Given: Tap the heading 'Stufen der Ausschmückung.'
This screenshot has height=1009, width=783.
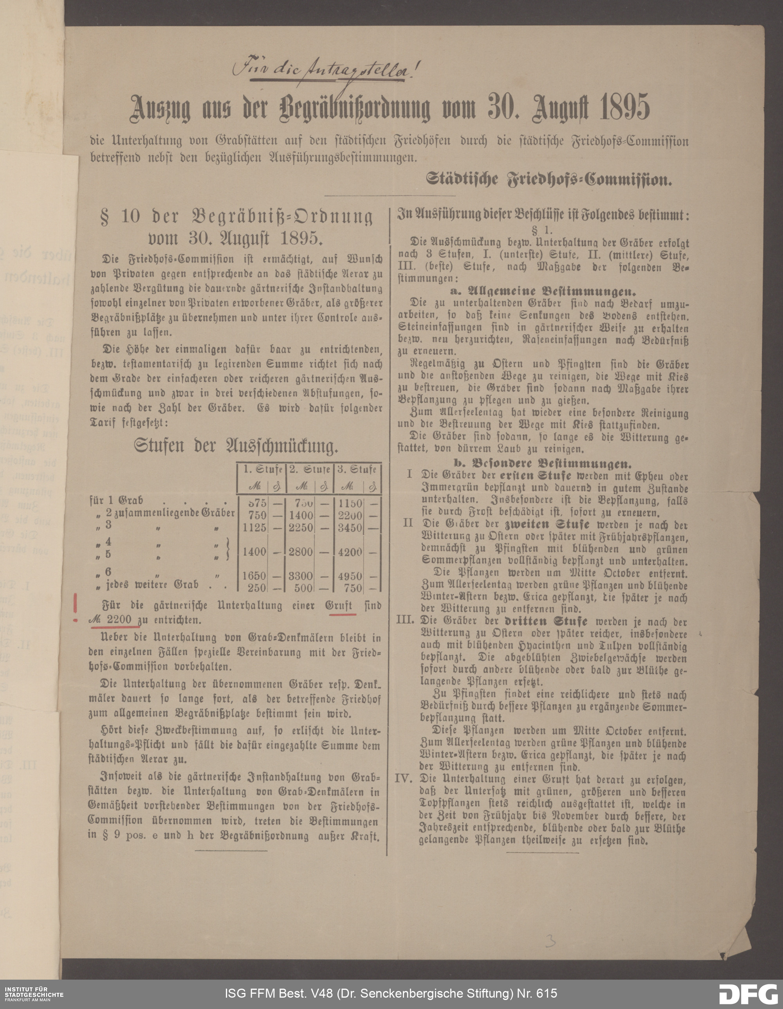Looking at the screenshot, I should pyautogui.click(x=236, y=446).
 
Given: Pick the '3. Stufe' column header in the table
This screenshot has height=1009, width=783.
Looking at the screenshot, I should pyautogui.click(x=356, y=469).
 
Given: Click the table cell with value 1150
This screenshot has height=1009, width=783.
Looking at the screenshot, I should pyautogui.click(x=350, y=503).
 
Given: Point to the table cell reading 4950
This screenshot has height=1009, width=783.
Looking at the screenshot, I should pyautogui.click(x=350, y=576).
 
